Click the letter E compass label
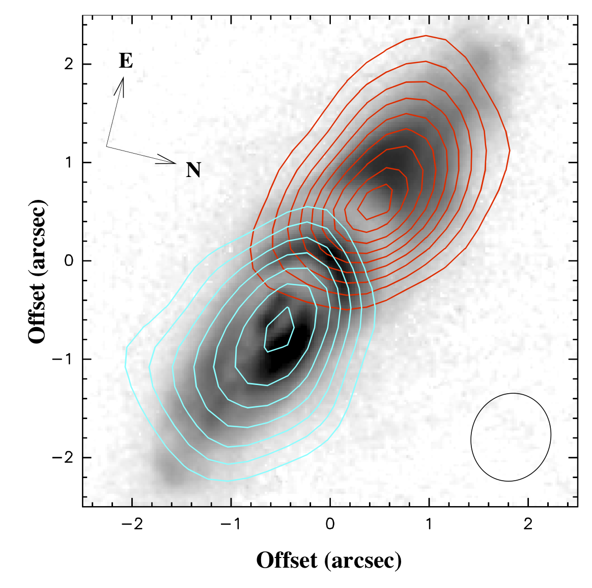(126, 61)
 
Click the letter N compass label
(193, 170)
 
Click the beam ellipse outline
(511, 394)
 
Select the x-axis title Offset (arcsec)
(329, 561)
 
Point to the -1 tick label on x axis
(231, 524)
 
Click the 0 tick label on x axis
(330, 524)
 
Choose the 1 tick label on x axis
(429, 524)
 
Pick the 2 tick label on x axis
(528, 524)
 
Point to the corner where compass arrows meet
(106, 146)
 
